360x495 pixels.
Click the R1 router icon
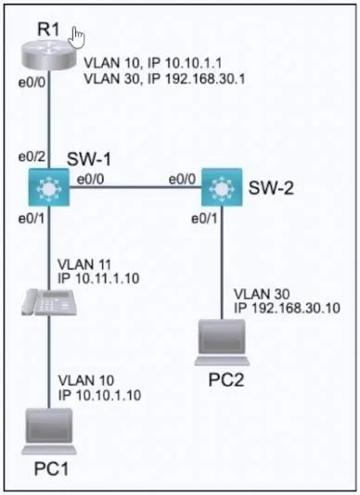coord(48,56)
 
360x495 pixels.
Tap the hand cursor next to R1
coord(77,38)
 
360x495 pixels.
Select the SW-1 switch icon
coord(48,187)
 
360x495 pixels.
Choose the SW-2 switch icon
coord(222,187)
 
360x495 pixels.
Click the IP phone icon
coord(49,302)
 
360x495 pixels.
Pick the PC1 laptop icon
coord(49,432)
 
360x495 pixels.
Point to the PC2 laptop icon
coord(222,343)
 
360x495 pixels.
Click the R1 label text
coord(48,30)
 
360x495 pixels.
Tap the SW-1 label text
coord(89,159)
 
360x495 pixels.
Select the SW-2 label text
coord(271,188)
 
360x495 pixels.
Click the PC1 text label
coord(51,469)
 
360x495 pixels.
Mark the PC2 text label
coord(226,380)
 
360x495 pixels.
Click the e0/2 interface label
coord(32,157)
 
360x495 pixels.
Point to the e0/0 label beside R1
coord(32,82)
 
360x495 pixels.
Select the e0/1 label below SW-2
coord(204,219)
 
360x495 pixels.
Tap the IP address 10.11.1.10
coord(108,278)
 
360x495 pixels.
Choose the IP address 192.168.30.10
coord(296,308)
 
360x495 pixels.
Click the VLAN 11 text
coord(85,264)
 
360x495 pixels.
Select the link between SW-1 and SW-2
coord(135,187)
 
